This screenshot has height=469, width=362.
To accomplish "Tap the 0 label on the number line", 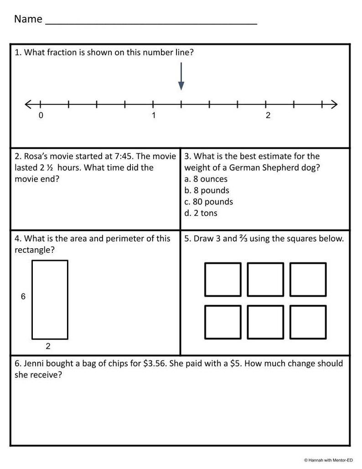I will (41, 115).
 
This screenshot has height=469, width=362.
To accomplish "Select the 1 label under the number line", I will (154, 115).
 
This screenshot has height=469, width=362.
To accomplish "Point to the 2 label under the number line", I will (268, 115).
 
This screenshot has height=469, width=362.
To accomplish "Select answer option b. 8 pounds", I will (207, 190).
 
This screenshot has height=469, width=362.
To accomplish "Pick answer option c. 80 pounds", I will (208, 202).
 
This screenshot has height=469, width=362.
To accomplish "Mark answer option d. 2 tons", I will (201, 213).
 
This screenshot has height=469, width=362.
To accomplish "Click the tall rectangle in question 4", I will (50, 299).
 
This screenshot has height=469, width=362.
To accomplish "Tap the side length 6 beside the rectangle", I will (23, 297).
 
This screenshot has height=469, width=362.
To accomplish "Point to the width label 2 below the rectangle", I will (48, 346).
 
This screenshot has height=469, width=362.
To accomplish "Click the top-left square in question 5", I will (222, 279).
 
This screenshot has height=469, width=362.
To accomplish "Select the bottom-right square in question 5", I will (308, 322).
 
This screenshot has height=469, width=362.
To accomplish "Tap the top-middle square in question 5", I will (265, 279).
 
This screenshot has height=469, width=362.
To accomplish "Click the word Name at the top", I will (28, 19).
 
